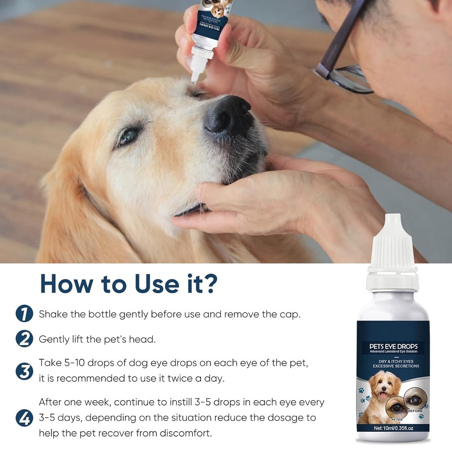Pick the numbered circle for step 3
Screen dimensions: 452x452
(24, 371)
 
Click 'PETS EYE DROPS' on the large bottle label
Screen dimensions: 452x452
(394, 347)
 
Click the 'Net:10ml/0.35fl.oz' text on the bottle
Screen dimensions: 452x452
(393, 428)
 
